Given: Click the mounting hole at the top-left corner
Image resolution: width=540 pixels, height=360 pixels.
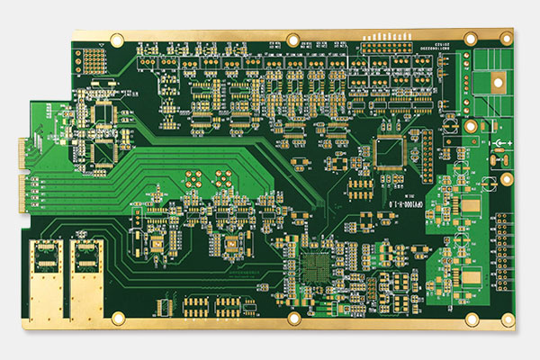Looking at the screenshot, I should (x=116, y=40).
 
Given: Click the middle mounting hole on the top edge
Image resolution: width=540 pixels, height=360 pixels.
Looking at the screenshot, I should (x=292, y=39).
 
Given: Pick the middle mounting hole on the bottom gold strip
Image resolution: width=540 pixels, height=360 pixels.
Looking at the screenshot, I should (x=293, y=319).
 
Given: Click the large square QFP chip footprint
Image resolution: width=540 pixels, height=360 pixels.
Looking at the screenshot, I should (x=391, y=153).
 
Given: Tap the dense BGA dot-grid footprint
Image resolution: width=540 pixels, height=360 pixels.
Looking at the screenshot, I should (x=318, y=267).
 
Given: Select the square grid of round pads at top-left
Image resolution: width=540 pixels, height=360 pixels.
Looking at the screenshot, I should (x=92, y=59).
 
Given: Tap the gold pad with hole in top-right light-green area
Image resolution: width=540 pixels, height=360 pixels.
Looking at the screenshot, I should (x=496, y=83).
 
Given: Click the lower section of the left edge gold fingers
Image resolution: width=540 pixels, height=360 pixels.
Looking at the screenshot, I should (x=23, y=191).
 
